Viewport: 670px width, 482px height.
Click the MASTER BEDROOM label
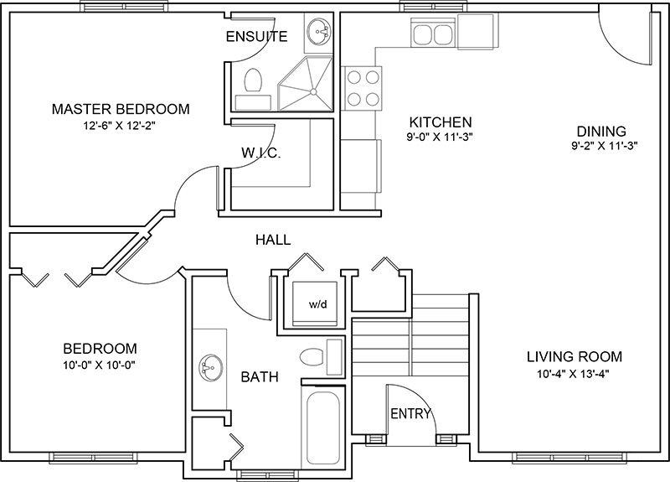coord(121,109)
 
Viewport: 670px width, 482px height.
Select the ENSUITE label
coord(257,36)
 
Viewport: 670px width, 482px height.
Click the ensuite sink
coord(318,34)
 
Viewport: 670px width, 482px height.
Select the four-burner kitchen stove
coord(363,87)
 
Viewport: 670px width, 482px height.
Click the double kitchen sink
coord(432,36)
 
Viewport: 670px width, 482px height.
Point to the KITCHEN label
coord(440,122)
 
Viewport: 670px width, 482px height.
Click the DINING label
coord(601,131)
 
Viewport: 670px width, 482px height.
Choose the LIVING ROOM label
coord(574,356)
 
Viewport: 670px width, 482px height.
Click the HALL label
coord(273,240)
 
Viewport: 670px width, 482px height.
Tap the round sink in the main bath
coord(209,366)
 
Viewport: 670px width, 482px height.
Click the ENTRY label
coord(410,413)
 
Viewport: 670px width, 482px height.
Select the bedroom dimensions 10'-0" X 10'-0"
coord(100,365)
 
